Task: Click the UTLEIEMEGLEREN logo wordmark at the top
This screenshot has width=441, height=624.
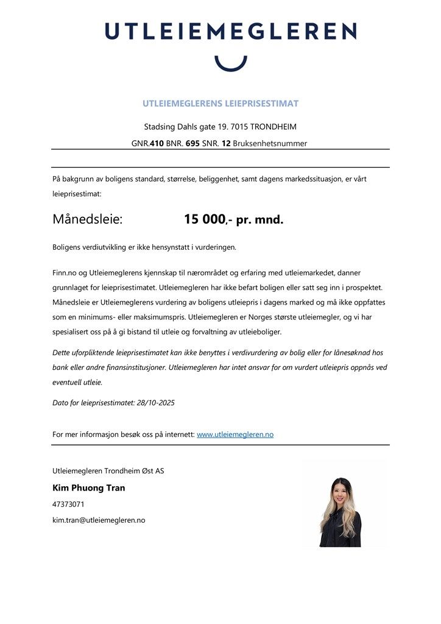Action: (x=230, y=31)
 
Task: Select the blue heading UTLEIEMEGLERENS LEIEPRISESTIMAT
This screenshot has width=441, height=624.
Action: (x=220, y=104)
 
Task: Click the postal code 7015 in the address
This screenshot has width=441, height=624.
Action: (x=237, y=127)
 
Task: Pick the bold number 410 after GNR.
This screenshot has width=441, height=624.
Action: (x=156, y=144)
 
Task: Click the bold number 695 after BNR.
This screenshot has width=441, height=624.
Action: (x=192, y=144)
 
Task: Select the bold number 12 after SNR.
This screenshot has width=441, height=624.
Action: (x=226, y=144)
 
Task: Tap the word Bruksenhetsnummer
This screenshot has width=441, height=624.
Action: (x=270, y=144)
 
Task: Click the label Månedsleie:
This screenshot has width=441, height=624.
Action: (x=88, y=219)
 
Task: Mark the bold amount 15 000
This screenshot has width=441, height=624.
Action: (x=205, y=219)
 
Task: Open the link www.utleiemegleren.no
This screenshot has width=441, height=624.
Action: (x=235, y=434)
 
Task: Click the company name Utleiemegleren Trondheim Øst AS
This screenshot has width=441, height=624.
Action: (x=108, y=470)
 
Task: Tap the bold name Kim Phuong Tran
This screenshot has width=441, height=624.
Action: (x=89, y=488)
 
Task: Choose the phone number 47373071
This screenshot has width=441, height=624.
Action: (x=68, y=505)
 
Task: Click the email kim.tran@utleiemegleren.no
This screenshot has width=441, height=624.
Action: (x=99, y=520)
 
